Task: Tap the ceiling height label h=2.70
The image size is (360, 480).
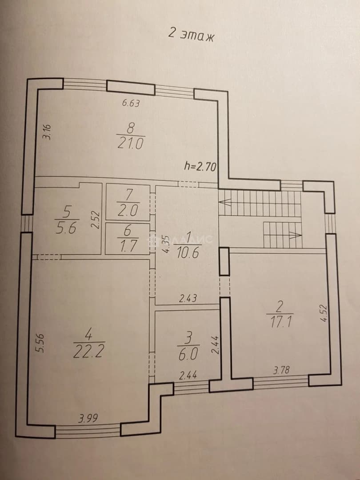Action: coord(200,166)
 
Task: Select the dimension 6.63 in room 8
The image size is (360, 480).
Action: coord(131,103)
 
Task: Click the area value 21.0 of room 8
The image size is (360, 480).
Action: coord(130,143)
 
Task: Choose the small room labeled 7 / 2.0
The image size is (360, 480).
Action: coord(128,202)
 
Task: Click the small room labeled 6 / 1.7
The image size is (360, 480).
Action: coord(128,239)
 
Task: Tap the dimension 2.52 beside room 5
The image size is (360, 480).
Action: coord(96,220)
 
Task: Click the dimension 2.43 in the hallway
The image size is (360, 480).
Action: coord(188,298)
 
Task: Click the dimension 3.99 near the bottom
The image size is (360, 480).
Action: coord(88,418)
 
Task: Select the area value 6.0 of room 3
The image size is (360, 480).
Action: coord(188,354)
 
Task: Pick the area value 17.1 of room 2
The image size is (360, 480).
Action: coord(280,322)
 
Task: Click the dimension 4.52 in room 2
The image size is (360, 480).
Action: coord(324,313)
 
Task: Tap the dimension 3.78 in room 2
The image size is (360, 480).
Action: coord(281,370)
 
